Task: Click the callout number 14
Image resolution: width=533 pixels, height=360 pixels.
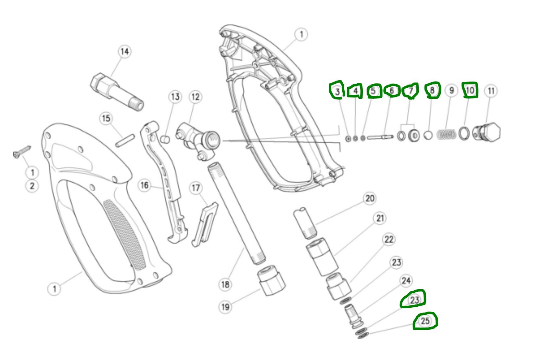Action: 124,51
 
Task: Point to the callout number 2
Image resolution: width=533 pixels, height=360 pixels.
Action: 32,186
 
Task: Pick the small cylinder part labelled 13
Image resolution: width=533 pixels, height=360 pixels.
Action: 166,139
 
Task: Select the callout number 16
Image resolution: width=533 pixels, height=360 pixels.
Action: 145,185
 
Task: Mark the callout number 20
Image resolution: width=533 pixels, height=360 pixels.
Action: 370,198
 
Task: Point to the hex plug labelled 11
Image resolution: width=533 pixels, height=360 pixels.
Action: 487,133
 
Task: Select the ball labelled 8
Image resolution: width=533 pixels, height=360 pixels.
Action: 428,135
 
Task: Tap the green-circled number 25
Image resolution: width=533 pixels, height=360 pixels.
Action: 425,321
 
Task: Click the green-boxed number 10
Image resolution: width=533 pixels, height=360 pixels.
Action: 470,90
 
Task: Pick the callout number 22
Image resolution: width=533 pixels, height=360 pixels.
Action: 389,240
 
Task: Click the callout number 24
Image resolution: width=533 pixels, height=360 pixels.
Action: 406,280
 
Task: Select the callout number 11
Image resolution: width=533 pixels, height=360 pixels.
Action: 491,91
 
